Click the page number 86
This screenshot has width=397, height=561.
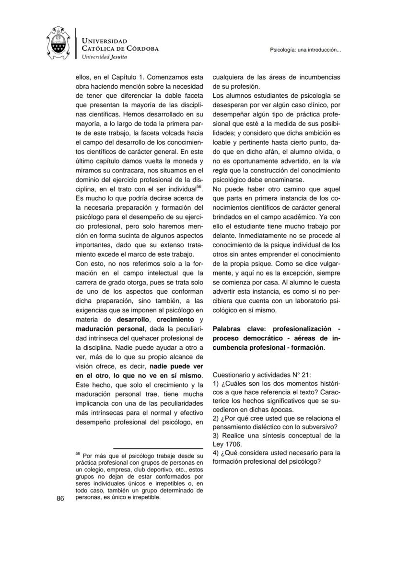(x=60, y=498)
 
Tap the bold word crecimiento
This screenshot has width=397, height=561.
(x=175, y=319)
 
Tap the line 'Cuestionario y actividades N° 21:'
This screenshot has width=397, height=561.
(x=265, y=375)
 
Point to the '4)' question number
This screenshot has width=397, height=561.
(x=216, y=452)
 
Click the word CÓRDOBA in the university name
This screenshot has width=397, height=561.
(x=142, y=49)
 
